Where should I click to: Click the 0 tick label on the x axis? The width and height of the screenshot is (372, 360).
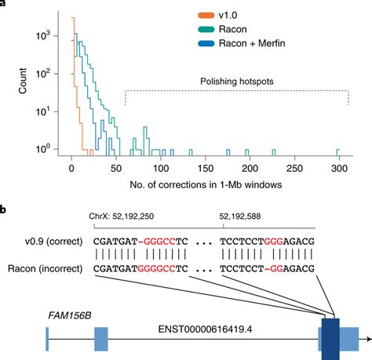[71, 167]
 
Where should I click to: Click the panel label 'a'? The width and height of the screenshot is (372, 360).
[4, 4]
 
